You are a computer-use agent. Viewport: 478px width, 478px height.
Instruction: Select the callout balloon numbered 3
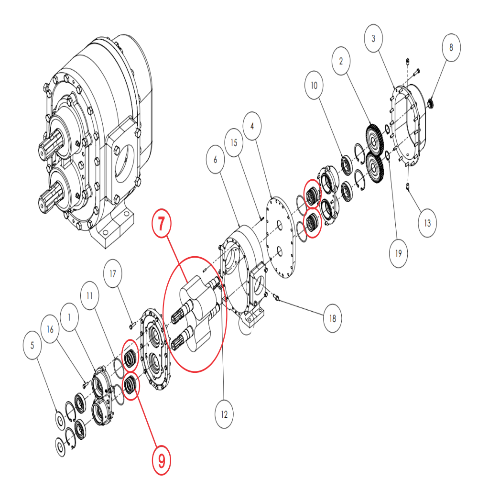(374, 38)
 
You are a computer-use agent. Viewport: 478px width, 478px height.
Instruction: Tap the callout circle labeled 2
(341, 62)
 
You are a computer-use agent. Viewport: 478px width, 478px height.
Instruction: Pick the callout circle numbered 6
(215, 159)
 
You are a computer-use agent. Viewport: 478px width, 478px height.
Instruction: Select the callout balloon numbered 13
(427, 223)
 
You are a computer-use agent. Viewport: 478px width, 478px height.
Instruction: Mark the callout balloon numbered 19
(398, 252)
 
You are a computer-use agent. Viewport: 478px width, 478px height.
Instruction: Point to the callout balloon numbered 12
(224, 414)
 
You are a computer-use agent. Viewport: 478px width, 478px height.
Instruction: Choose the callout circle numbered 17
(113, 274)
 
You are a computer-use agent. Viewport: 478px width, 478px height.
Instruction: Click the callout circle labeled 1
(70, 317)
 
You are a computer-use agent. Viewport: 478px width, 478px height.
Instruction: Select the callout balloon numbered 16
(51, 330)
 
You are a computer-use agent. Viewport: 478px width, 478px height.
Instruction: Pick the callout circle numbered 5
(32, 345)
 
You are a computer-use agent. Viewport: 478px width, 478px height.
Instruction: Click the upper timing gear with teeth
(373, 139)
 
